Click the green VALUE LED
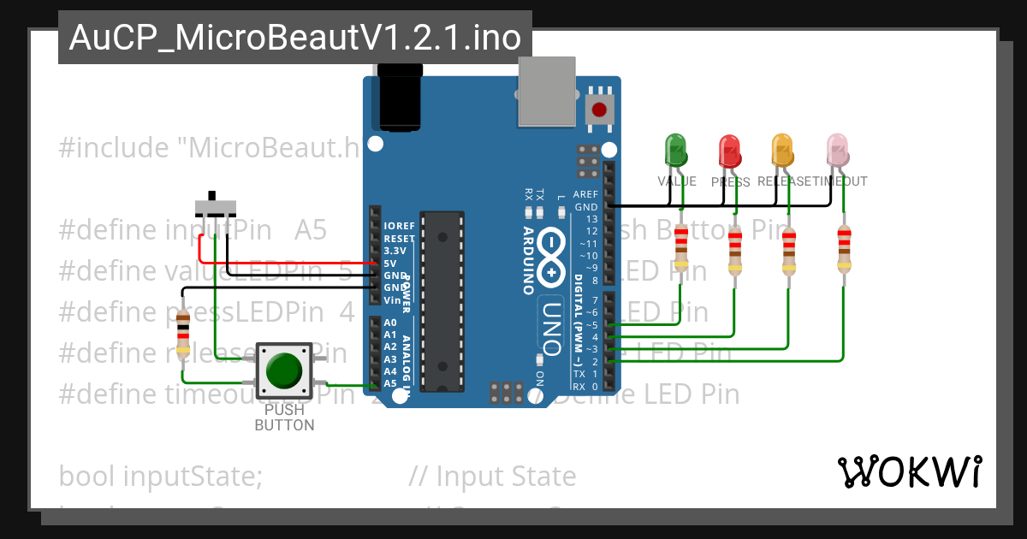tap(676, 151)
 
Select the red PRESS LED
tap(729, 151)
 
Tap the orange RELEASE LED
tap(781, 151)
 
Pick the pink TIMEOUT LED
tap(836, 150)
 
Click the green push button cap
tap(284, 370)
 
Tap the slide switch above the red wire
tap(214, 206)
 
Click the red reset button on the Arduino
tap(599, 110)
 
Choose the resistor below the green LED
tap(681, 246)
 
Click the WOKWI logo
tap(910, 471)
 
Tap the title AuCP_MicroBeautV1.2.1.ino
tap(294, 38)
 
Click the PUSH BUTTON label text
tap(284, 418)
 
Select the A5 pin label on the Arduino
tap(390, 383)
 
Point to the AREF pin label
tap(585, 195)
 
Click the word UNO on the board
tap(553, 329)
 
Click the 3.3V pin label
tap(395, 251)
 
